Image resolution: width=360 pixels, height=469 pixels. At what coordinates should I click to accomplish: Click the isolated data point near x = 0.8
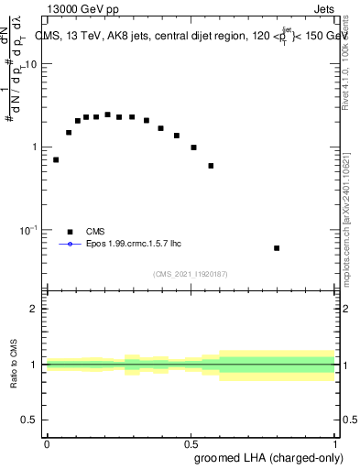pyautogui.click(x=277, y=248)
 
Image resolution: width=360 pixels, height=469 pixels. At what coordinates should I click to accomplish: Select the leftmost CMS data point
pyautogui.click(x=56, y=159)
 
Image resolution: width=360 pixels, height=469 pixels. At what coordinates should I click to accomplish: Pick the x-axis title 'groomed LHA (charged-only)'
pyautogui.click(x=265, y=456)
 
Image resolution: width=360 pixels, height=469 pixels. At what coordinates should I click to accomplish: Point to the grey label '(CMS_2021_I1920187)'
pyautogui.click(x=191, y=273)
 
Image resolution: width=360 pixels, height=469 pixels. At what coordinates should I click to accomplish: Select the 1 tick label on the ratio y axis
pyautogui.click(x=36, y=365)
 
